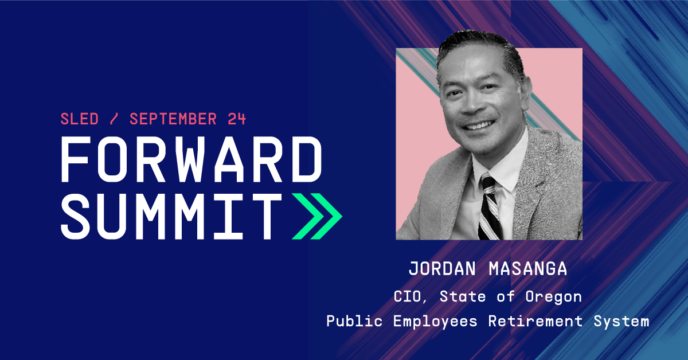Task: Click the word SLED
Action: [80, 119]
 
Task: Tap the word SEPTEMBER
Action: [173, 119]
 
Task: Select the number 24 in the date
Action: [236, 119]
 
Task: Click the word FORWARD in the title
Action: [191, 159]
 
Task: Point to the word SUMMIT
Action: [171, 216]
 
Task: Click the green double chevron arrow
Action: [317, 216]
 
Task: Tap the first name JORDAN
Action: [442, 269]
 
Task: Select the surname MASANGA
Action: [527, 269]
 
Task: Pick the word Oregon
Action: [553, 298]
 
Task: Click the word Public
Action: [354, 321]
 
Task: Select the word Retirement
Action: [535, 321]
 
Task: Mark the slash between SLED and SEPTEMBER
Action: [114, 119]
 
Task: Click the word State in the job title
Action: [462, 296]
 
